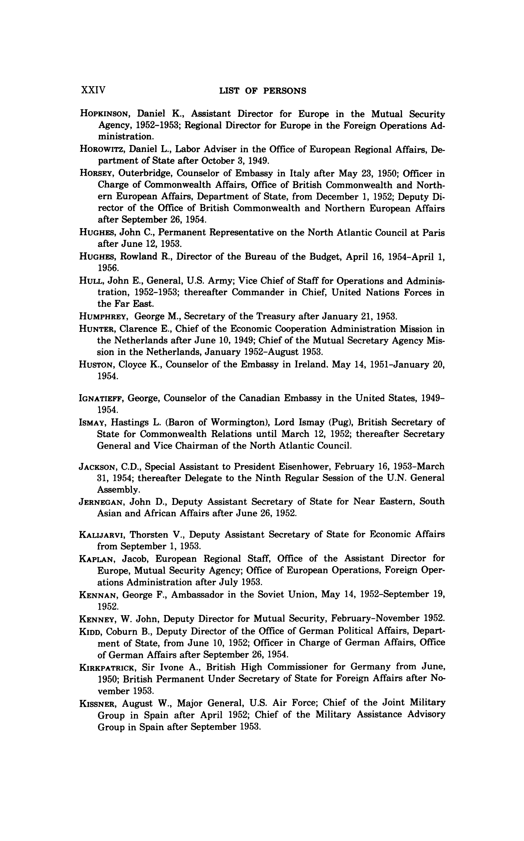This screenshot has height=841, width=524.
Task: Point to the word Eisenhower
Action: click(x=270, y=467)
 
